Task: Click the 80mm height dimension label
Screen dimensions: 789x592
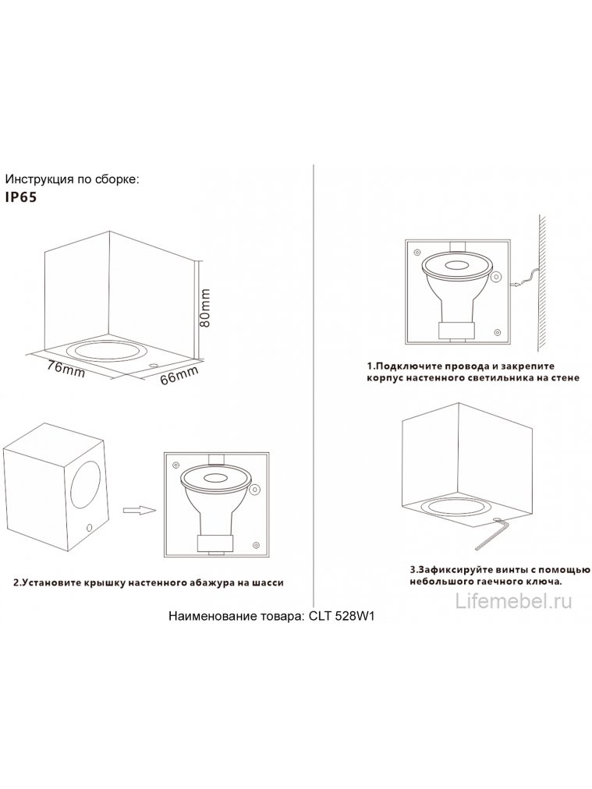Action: [206, 307]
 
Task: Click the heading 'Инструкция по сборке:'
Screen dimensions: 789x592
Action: [72, 179]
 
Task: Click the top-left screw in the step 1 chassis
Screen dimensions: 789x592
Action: [417, 253]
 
